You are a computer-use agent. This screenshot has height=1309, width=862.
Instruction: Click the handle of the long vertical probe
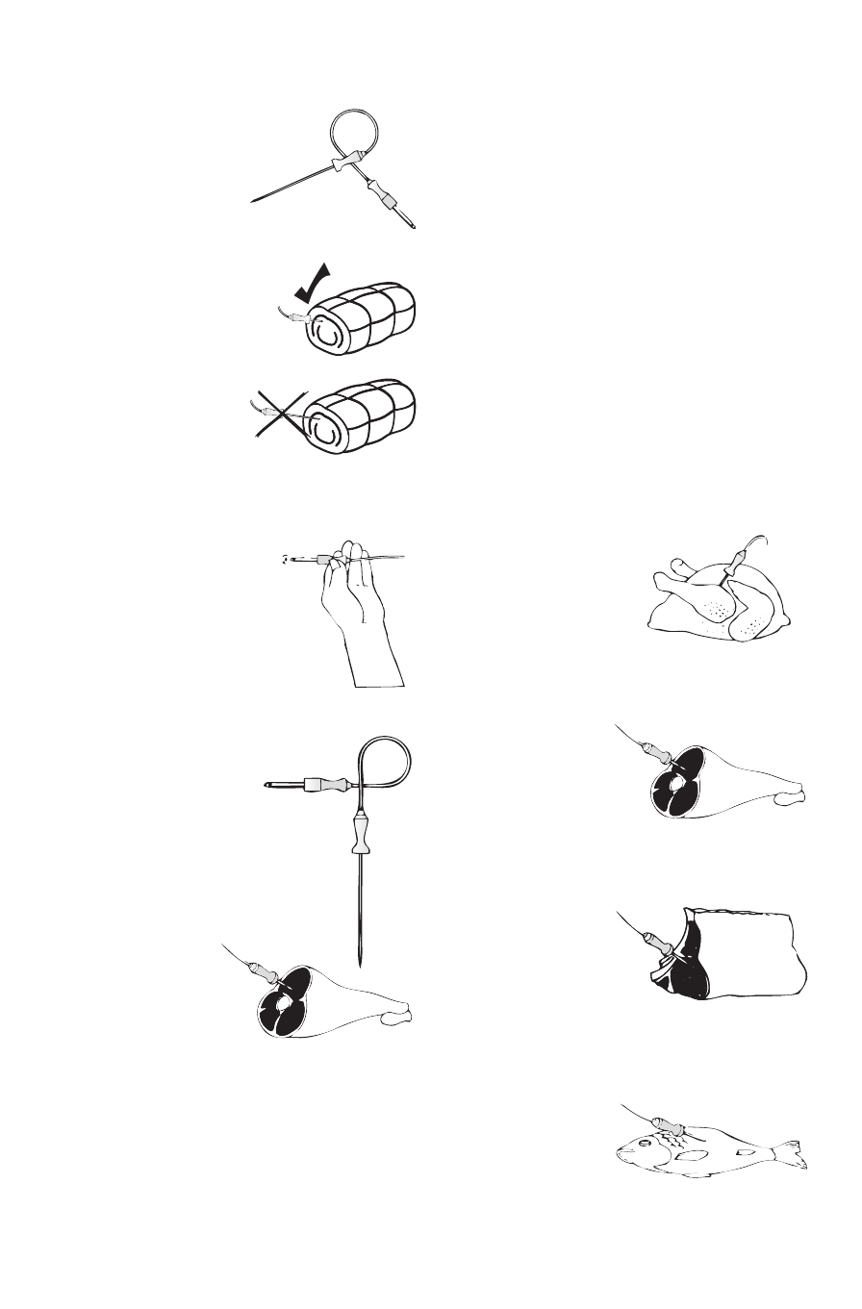pyautogui.click(x=362, y=831)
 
